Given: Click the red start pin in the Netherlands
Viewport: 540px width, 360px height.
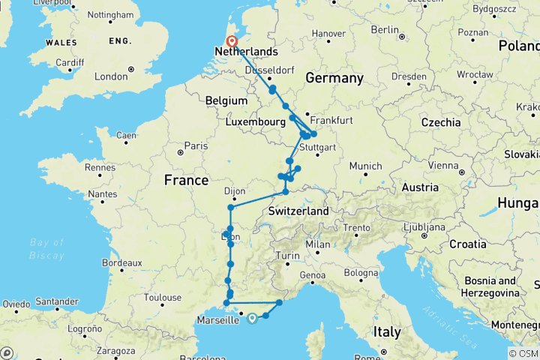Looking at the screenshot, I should coord(232,42).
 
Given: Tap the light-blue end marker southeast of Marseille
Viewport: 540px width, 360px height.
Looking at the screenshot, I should coord(252,318).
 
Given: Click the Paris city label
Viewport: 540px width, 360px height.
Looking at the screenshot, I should coord(196,145).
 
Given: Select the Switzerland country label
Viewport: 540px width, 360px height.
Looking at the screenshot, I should coord(298,211).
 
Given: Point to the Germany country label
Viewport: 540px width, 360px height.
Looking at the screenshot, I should coord(334,78).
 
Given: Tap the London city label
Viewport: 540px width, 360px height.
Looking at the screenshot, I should coord(111,76).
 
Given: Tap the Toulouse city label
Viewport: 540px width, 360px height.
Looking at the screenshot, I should coord(164,297).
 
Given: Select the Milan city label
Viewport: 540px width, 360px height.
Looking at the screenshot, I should coord(318,244).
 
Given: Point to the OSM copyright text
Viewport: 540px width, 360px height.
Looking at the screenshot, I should coord(523,353).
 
